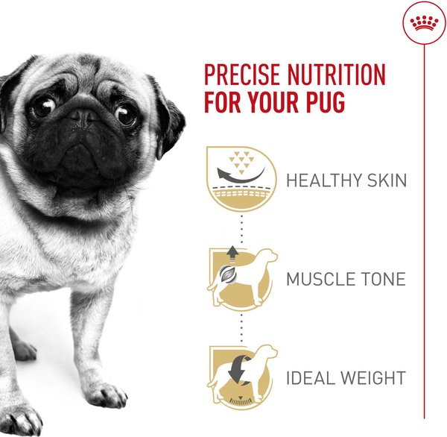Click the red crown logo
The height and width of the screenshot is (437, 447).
click(424, 23)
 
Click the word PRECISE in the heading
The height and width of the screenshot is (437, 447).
click(242, 75)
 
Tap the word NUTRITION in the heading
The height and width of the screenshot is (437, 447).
click(337, 75)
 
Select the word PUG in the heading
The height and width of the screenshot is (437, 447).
click(326, 101)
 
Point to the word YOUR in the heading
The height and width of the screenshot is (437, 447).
click(273, 101)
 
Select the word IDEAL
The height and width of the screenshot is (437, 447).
click(309, 378)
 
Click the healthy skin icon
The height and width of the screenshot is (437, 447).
click(241, 179)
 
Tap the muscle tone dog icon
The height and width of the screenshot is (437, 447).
click(242, 279)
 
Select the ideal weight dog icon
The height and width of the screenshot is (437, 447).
click(242, 376)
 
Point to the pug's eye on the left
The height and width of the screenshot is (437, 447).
click(43, 107)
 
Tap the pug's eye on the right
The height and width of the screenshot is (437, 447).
click(125, 115)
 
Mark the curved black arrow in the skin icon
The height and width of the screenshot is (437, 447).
click(241, 176)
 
